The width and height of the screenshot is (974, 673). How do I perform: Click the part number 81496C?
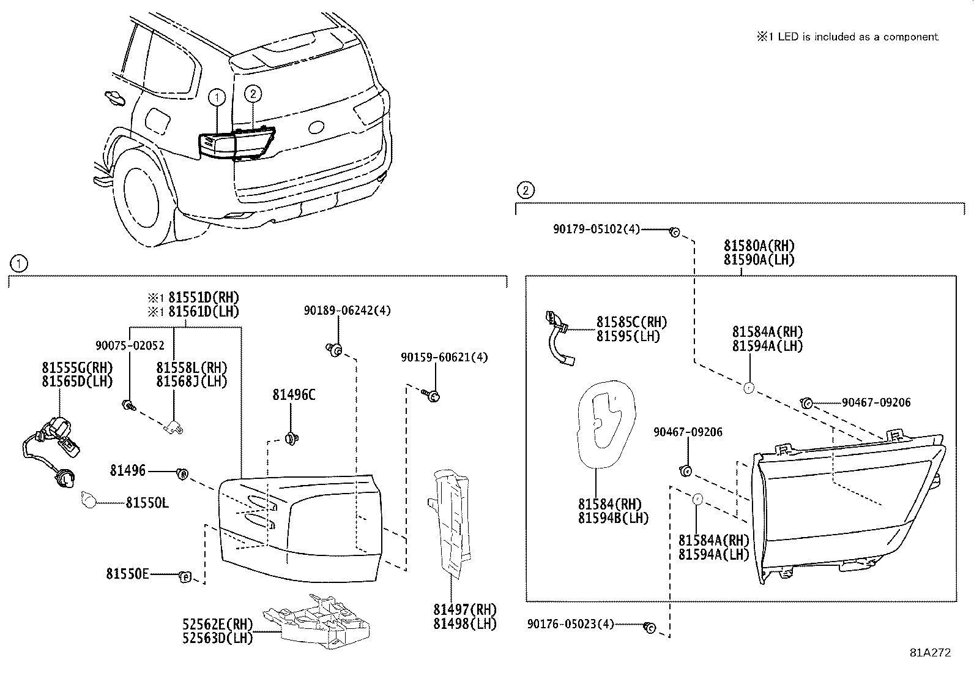coord(294,396)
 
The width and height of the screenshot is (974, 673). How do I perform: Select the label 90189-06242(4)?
coord(347,310)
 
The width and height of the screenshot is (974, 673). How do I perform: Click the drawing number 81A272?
coord(930,653)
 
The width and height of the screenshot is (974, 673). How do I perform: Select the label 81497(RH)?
coord(465,610)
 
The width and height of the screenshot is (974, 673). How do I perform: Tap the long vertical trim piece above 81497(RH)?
coord(452,521)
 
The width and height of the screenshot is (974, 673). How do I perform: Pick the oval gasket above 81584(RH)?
coord(604,423)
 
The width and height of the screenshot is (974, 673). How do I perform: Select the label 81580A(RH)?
coord(759,246)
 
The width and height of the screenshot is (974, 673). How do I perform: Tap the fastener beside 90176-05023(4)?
coord(649,627)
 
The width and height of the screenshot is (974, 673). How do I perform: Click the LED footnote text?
coord(847,37)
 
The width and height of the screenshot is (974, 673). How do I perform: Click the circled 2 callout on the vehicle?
coord(253,94)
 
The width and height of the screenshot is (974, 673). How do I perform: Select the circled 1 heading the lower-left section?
coord(19,264)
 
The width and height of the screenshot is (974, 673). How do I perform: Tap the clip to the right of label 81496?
coord(182,473)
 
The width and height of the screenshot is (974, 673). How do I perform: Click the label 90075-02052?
coord(130,345)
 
